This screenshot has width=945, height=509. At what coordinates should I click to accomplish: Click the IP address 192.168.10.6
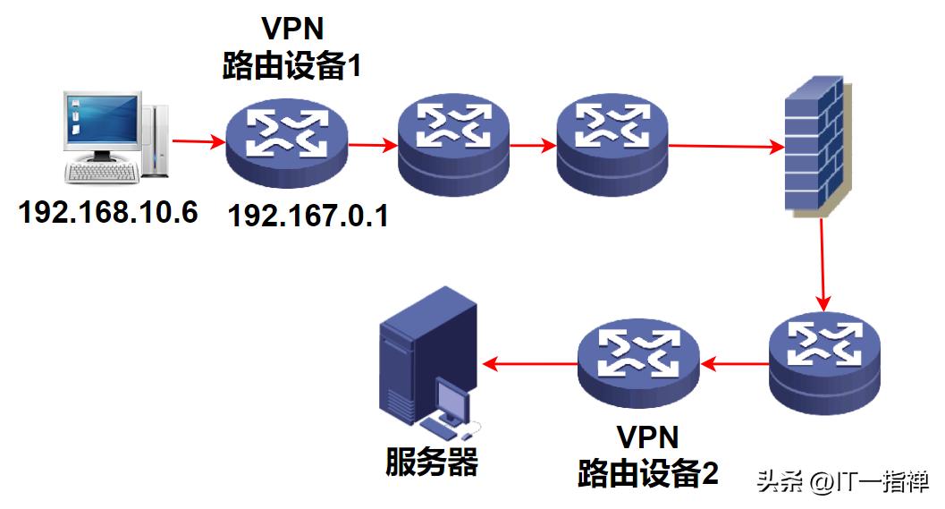coord(108,212)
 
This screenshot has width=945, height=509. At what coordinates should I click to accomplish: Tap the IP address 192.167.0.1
coord(308,216)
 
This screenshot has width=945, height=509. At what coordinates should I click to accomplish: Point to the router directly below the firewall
coord(823,365)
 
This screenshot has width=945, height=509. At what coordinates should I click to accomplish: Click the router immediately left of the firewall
coord(612,142)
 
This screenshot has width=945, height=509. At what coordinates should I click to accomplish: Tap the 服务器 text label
coord(432,462)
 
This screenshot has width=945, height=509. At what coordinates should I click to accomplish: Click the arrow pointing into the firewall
coord(725,146)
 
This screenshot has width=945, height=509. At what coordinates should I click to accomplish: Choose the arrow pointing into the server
coord(528,363)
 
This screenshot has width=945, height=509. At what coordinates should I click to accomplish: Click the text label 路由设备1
coord(291,66)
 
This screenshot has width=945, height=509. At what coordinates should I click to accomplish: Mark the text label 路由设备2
coord(648,471)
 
